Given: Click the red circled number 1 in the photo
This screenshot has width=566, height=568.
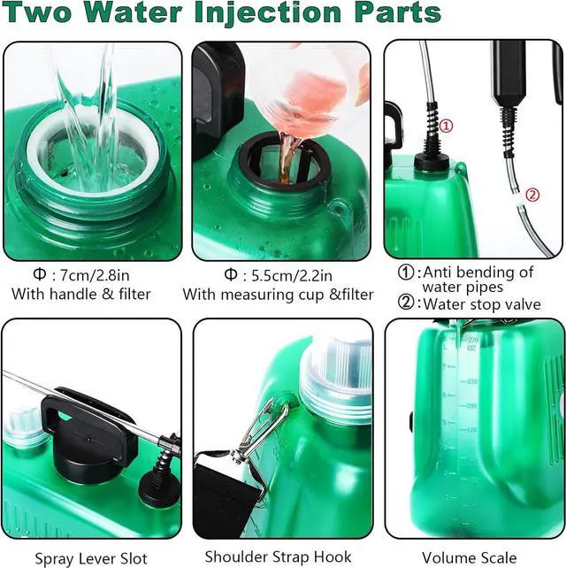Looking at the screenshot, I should pos(446,127).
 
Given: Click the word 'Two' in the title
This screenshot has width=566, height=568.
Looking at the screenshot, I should pos(44,15).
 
